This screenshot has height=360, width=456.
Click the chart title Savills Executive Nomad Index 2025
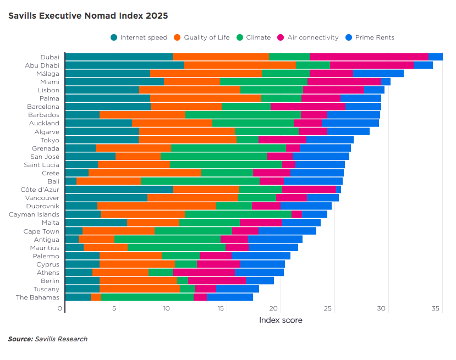(x=88, y=16)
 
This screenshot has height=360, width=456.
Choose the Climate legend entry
(x=254, y=37)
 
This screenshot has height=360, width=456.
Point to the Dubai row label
(x=50, y=57)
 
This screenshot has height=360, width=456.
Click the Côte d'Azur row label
(x=40, y=189)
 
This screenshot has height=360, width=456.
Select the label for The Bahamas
(x=37, y=297)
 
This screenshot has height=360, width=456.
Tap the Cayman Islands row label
(x=34, y=214)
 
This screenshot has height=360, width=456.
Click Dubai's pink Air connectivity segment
(x=369, y=57)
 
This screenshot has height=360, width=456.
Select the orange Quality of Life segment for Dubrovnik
(x=157, y=206)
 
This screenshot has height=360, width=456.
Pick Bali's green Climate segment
(x=200, y=181)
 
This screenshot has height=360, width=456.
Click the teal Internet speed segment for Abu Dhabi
(x=125, y=65)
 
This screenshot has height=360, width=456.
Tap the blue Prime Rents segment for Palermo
(x=261, y=256)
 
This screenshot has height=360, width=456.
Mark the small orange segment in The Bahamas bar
(x=96, y=297)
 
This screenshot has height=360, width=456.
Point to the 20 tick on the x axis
(x=274, y=309)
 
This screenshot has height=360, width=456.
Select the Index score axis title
(x=281, y=320)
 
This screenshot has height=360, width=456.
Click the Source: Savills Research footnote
(x=47, y=339)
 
